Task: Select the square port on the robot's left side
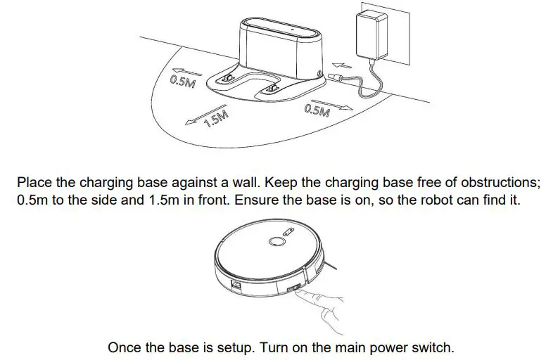[x=236, y=284]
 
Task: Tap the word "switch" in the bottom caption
[x=435, y=347]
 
